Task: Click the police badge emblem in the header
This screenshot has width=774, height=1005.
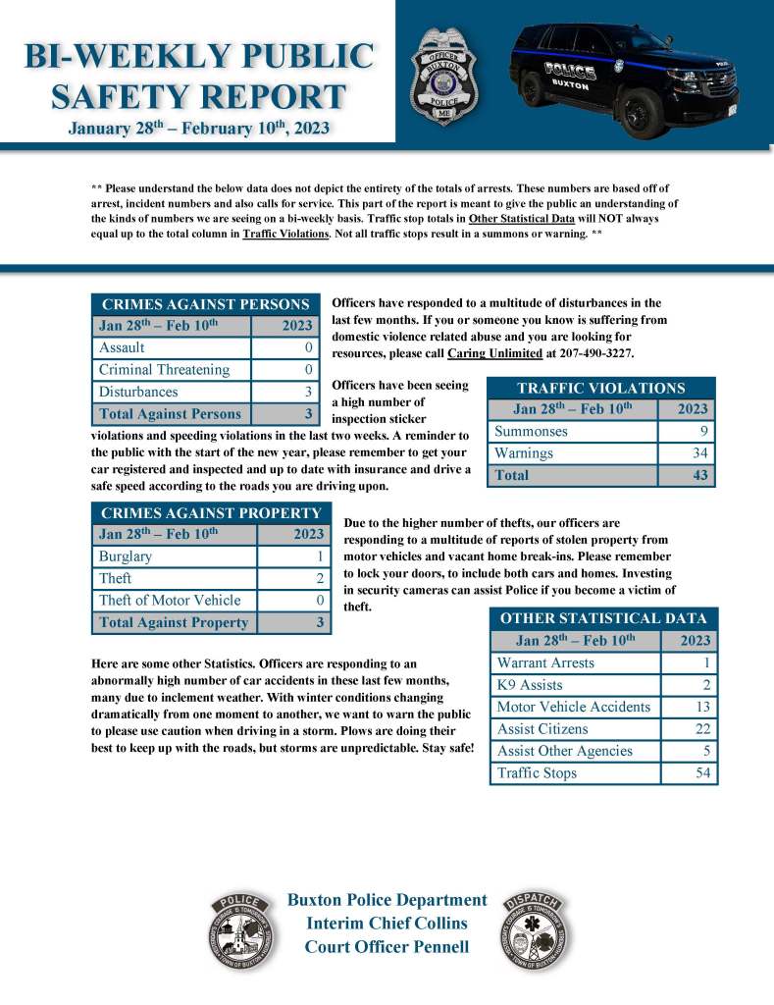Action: pyautogui.click(x=443, y=76)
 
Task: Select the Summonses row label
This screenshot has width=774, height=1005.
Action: pyautogui.click(x=531, y=431)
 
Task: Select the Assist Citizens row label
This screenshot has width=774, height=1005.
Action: pyautogui.click(x=542, y=729)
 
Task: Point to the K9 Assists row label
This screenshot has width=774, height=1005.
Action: pyautogui.click(x=530, y=685)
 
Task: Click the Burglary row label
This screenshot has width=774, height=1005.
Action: pyautogui.click(x=126, y=556)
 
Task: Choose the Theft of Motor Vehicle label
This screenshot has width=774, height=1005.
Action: pyautogui.click(x=169, y=600)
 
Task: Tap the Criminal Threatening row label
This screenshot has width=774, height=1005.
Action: pyautogui.click(x=164, y=370)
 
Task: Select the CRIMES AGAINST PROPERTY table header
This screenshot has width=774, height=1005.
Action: pyautogui.click(x=211, y=512)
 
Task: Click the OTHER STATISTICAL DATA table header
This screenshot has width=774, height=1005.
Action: pyautogui.click(x=603, y=618)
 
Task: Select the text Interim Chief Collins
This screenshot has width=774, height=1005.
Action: pyautogui.click(x=387, y=924)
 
